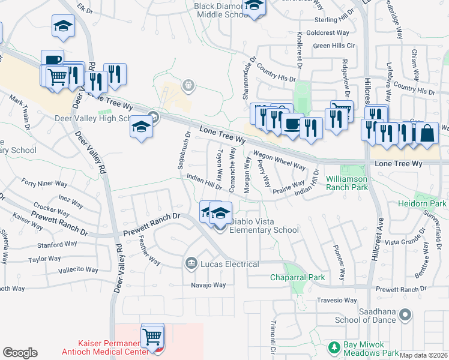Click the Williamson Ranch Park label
pos(346,183)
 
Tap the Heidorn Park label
pos(422,204)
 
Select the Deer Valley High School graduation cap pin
pos(141,127)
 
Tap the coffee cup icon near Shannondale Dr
pos(292,125)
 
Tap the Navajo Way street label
pos(208,285)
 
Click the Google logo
pos(20,353)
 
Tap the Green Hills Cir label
pos(334,46)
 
